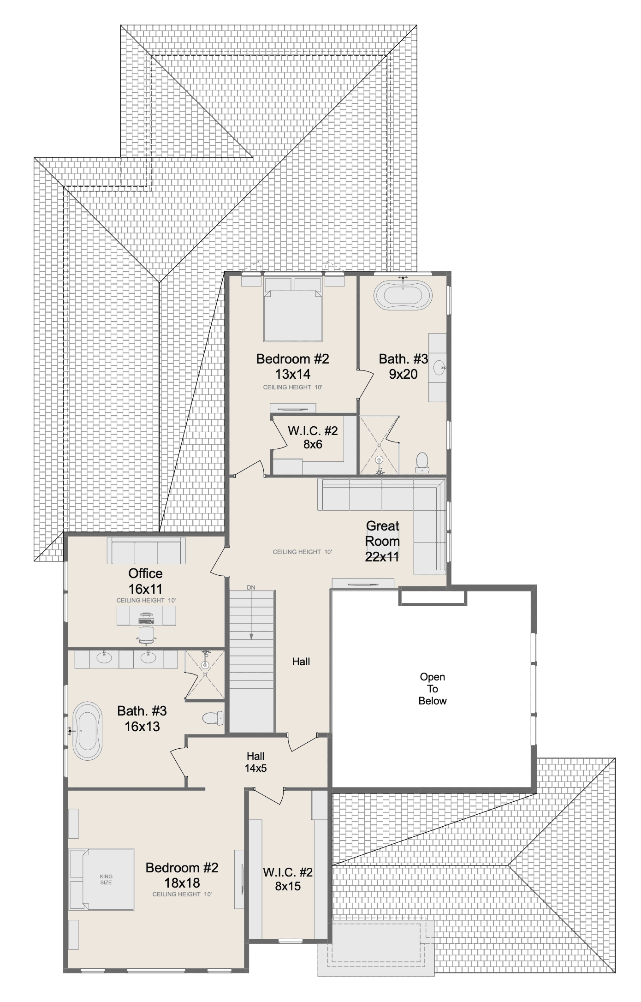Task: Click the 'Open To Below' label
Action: [x=433, y=689]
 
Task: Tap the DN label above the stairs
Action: [x=251, y=588]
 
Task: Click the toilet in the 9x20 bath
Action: [x=422, y=463]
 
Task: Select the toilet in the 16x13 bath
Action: [x=213, y=718]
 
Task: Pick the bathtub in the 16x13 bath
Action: [x=88, y=731]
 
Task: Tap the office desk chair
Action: [x=146, y=634]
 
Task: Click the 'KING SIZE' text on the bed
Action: [x=106, y=879]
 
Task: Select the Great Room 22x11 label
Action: [x=382, y=541]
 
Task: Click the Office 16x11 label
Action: [x=145, y=581]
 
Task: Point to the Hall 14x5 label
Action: [x=255, y=762]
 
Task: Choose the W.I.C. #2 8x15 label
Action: [x=288, y=879]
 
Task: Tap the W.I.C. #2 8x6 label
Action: [x=313, y=437]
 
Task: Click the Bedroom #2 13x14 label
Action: [x=293, y=366]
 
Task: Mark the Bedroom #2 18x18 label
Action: [x=182, y=875]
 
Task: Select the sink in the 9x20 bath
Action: [x=439, y=368]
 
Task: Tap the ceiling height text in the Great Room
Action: [x=303, y=552]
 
